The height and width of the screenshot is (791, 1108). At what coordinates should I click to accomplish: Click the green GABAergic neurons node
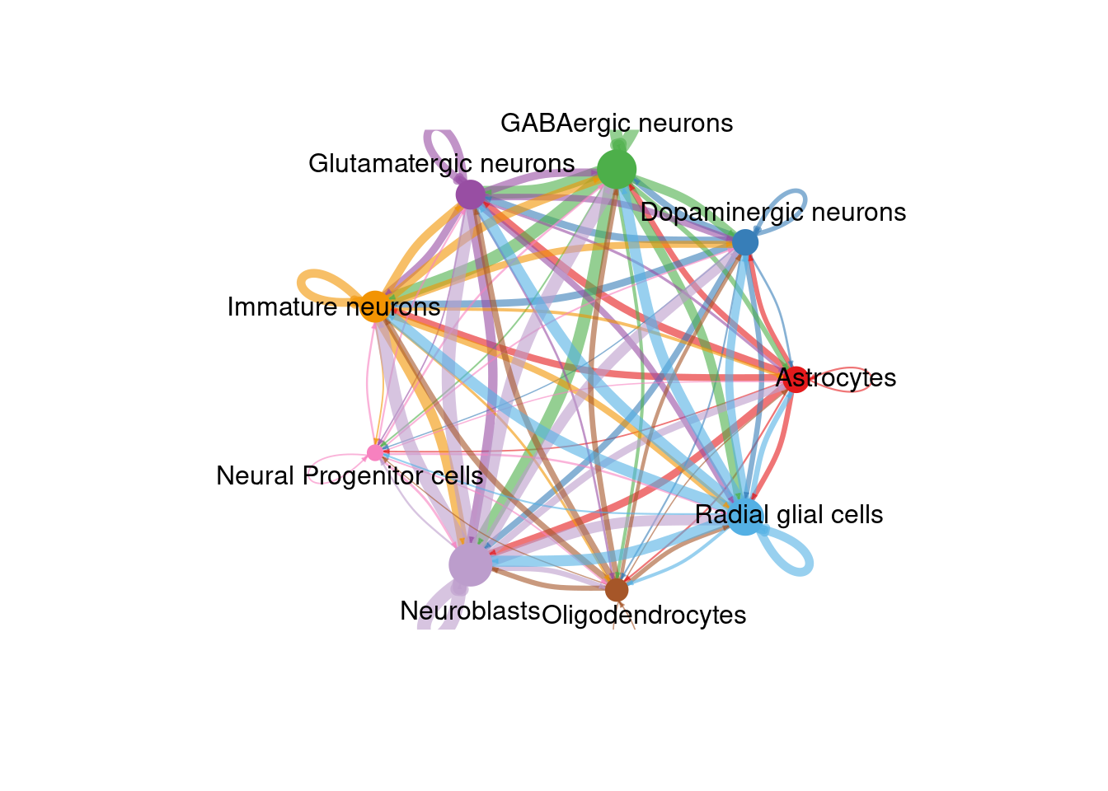coord(617,170)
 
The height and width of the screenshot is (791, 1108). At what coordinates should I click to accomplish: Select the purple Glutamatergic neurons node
coord(470,195)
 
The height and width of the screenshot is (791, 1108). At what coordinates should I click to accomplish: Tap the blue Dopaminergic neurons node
coord(745,242)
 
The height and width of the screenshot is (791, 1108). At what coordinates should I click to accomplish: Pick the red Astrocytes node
coord(796,379)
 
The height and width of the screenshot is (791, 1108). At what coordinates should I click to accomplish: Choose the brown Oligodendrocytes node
coord(617,590)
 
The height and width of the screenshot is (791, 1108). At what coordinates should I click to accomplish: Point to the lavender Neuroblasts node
coord(470,564)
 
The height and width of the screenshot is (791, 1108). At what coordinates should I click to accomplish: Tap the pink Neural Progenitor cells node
coord(375,452)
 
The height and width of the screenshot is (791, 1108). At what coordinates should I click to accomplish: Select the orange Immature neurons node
coord(374,307)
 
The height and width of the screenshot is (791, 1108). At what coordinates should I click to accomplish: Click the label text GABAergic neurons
coord(617,124)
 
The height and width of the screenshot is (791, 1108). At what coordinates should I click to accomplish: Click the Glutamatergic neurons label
coord(441,163)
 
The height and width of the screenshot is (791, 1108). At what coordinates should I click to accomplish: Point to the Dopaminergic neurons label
coord(773,213)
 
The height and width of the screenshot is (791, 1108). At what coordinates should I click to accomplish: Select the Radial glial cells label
coord(789,515)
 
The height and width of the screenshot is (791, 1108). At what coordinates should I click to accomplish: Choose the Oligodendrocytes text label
coord(644,615)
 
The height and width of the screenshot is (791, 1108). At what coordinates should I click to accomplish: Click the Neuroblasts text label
coord(470,611)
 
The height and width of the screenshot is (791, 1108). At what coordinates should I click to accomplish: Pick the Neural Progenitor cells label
coord(350,476)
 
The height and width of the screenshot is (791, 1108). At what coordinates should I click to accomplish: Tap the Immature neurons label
coord(334,307)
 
